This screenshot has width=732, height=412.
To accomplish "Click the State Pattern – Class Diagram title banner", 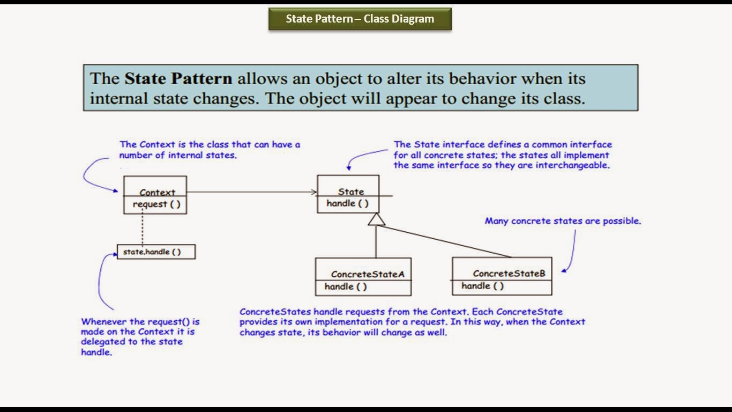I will [x=360, y=19].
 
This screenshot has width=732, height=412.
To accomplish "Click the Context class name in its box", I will [x=157, y=192].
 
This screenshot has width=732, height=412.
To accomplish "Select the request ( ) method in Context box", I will [x=156, y=204].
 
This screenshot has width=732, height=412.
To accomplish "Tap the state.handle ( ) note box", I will [x=156, y=252].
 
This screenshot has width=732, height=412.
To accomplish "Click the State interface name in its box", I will [x=351, y=192].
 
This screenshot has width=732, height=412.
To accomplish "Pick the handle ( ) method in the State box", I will [x=347, y=203].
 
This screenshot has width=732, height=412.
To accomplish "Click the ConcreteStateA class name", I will [x=368, y=274].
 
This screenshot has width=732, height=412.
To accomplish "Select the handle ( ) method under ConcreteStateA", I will [x=346, y=286].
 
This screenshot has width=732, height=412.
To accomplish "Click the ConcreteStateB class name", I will [x=509, y=274].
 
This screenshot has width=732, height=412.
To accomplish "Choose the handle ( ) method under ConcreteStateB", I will [x=482, y=286].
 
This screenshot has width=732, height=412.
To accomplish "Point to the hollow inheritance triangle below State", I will [x=377, y=219].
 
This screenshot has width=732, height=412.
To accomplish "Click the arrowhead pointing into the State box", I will [x=313, y=192].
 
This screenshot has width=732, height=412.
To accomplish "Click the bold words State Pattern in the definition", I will [x=178, y=78].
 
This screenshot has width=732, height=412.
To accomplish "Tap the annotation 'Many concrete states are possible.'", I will [x=563, y=221].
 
